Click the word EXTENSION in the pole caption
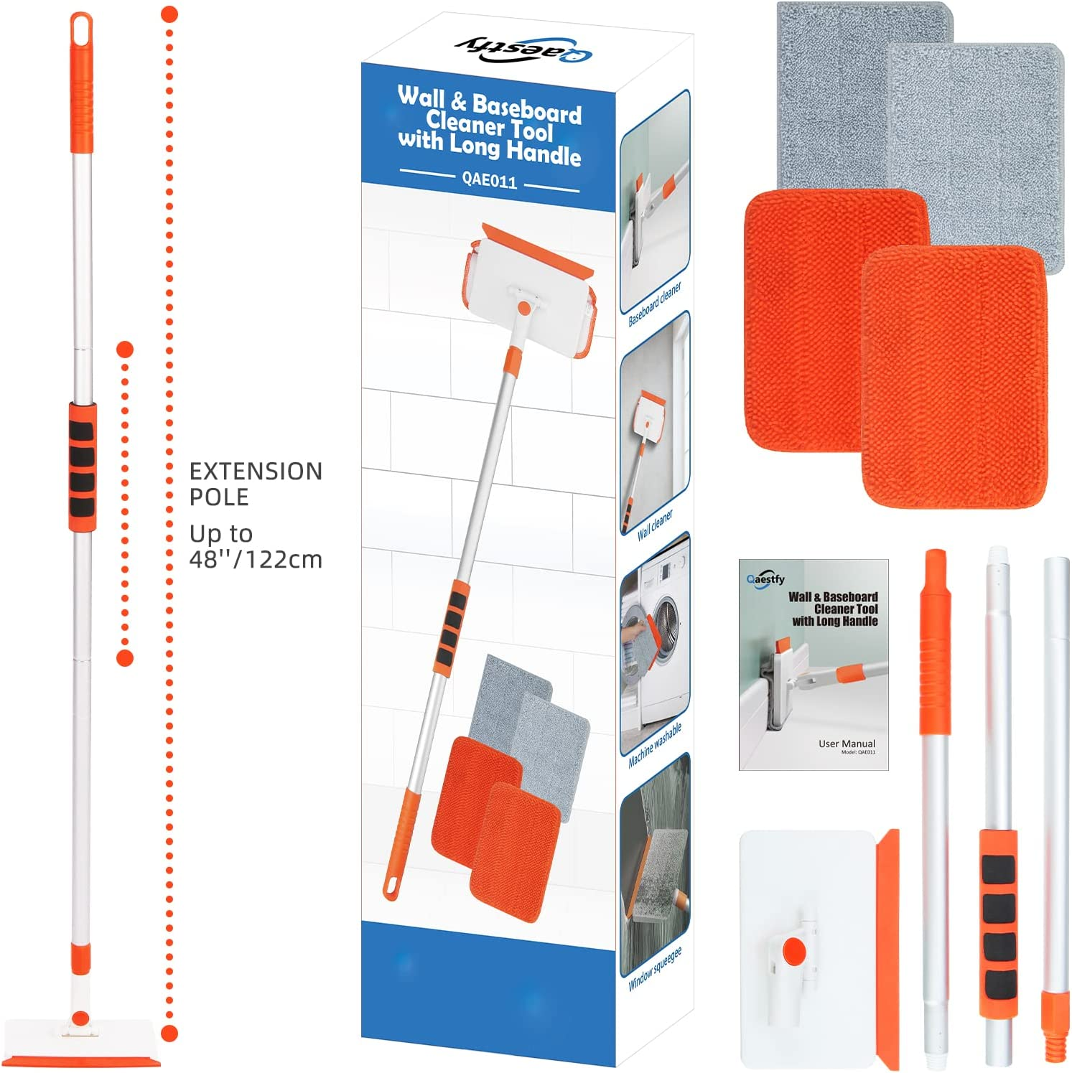[x=256, y=472]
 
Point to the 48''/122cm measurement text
[x=256, y=559]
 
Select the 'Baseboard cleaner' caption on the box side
[x=654, y=304]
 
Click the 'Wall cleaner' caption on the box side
[x=655, y=524]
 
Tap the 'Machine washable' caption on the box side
[x=654, y=745]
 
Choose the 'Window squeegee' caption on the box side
[x=654, y=968]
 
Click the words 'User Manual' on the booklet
[x=847, y=744]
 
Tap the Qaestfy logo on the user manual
[x=765, y=578]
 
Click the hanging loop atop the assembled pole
[x=81, y=29]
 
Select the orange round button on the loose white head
[x=793, y=951]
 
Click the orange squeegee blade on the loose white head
[x=891, y=947]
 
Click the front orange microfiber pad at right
[x=954, y=380]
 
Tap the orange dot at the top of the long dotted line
[x=169, y=14]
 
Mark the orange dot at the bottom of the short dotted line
[x=125, y=657]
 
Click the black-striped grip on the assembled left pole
[x=83, y=467]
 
